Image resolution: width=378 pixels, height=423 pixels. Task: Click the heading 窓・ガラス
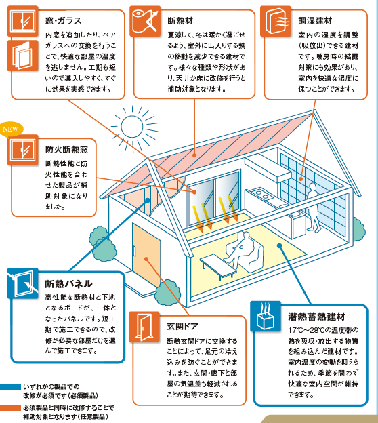[x=64, y=21]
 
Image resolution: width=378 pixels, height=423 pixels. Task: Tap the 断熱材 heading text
[x=180, y=21]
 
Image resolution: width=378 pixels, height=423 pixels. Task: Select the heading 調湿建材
[x=315, y=21]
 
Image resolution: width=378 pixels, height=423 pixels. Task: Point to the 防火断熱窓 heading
[x=66, y=149]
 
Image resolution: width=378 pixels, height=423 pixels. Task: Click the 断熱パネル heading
[x=68, y=283]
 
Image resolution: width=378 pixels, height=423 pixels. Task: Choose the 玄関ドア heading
[x=182, y=327]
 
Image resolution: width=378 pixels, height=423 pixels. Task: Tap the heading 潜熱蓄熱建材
[x=316, y=316]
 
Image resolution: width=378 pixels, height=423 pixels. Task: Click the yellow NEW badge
[x=11, y=129]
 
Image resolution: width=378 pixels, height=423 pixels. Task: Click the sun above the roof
[x=132, y=126]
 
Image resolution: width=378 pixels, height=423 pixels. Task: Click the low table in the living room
[x=217, y=266]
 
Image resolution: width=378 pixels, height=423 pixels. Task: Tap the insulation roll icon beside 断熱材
[x=145, y=21]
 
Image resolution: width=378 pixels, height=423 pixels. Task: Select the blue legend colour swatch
[x=10, y=387]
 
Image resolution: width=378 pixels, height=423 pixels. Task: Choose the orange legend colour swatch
[x=10, y=408]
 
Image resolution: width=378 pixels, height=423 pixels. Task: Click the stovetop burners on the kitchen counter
[x=262, y=195]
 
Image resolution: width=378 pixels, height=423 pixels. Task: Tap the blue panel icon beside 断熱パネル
[x=22, y=283]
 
